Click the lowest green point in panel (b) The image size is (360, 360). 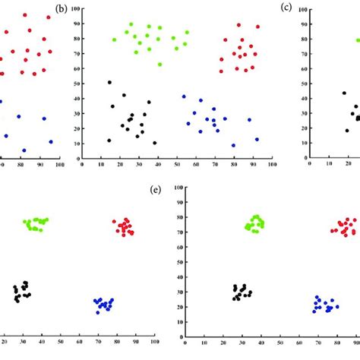pyautogui.click(x=159, y=65)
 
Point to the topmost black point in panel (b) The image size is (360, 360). pyautogui.click(x=109, y=82)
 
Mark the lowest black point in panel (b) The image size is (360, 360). pyautogui.click(x=155, y=143)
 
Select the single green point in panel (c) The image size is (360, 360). pyautogui.click(x=357, y=39)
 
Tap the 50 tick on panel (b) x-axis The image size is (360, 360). pyautogui.click(x=177, y=163)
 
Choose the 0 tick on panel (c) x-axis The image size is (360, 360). pyautogui.click(x=308, y=163)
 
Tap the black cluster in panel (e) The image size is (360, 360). pyautogui.click(x=242, y=292)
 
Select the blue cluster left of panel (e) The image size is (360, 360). pyautogui.click(x=103, y=305)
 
